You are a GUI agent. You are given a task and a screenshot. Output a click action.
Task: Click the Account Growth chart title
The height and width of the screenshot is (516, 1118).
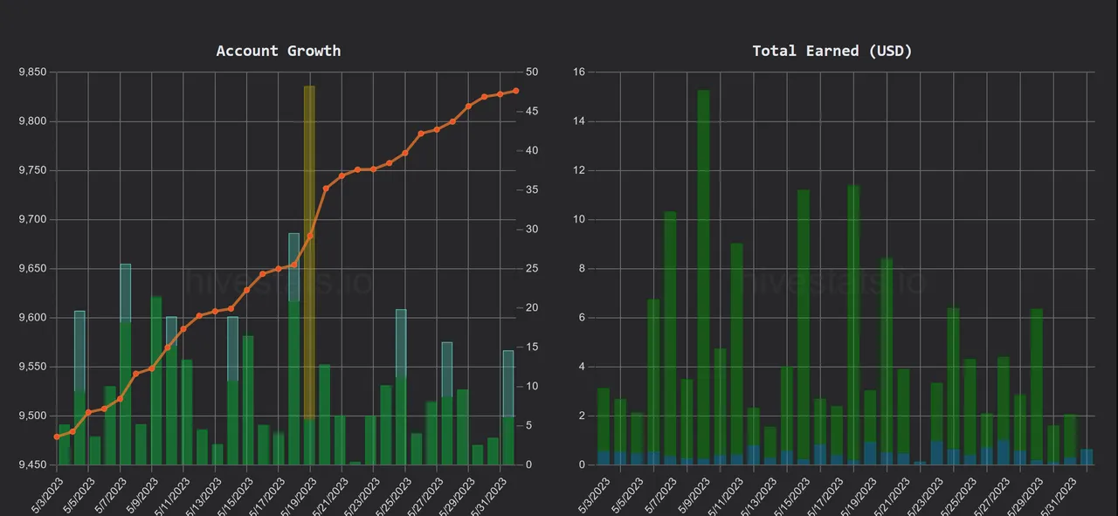[x=279, y=51]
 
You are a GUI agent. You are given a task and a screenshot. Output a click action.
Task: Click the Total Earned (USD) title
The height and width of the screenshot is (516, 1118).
[x=832, y=51]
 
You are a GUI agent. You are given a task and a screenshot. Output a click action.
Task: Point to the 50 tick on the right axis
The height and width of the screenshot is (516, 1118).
[x=533, y=72]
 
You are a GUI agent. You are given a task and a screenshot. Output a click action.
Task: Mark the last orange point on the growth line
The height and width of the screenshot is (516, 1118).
[x=516, y=91]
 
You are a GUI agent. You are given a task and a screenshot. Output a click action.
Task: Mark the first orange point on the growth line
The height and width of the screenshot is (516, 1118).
[x=57, y=437]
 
